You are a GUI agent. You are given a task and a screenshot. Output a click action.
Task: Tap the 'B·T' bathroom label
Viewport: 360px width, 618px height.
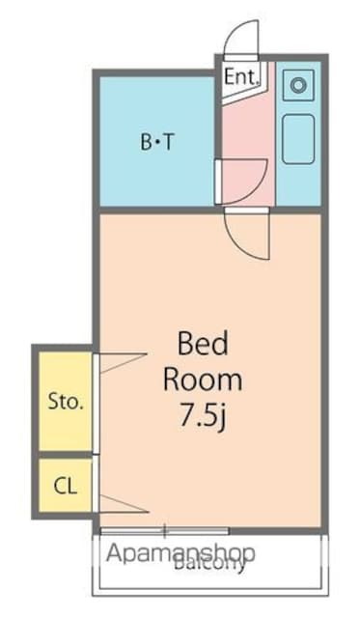coord(157,144)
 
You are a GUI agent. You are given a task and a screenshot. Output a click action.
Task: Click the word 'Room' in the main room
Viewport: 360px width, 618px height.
coord(202,379)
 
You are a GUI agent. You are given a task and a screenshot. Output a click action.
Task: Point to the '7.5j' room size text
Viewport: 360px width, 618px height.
coord(202,415)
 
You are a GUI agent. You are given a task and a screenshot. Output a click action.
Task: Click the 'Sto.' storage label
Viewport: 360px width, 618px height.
coord(66,402)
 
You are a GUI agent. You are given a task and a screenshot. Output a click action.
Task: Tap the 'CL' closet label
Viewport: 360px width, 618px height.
coord(66,486)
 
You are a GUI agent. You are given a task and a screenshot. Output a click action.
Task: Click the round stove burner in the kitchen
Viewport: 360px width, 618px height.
coord(298,85)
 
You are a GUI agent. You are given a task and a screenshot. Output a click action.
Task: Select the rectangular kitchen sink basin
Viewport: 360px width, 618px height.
coord(297,139)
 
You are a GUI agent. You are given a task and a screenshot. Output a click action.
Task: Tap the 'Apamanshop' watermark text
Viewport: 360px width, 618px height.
coord(180,554)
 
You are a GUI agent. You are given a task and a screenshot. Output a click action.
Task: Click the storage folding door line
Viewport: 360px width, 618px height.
coord(121,362)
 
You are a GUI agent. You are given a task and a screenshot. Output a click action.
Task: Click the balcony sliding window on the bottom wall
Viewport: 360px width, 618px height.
coord(164,530)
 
